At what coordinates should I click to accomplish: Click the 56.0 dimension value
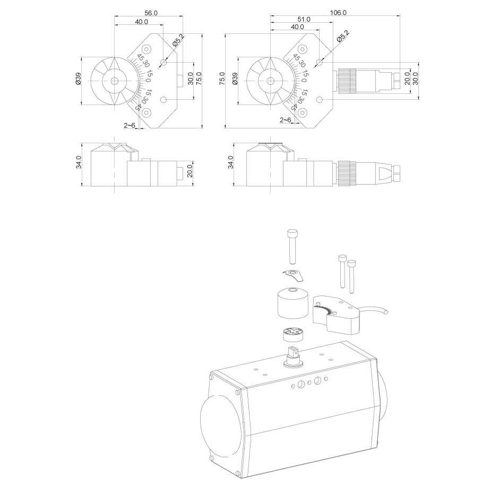point(151,13)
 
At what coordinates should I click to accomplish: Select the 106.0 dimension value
point(338,12)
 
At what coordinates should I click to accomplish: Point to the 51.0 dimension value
point(304,19)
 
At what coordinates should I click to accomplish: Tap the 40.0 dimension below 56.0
point(141,22)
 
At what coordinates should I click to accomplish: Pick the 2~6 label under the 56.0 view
point(129,125)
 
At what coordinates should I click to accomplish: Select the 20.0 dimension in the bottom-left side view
point(190,172)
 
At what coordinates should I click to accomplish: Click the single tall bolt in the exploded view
point(291,246)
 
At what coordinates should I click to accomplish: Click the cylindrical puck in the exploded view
point(293,304)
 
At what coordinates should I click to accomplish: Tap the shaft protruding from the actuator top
point(291,355)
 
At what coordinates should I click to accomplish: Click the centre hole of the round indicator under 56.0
point(115,81)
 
